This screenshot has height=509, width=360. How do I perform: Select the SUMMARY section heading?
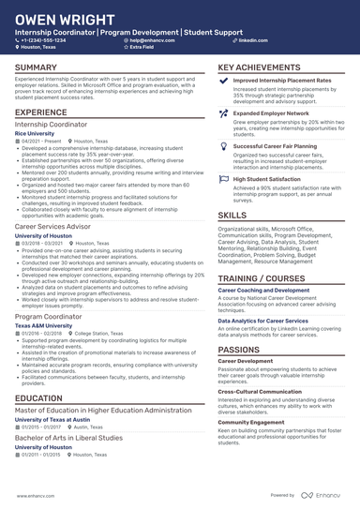coord(36,67)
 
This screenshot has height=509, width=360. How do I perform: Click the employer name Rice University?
coord(35,134)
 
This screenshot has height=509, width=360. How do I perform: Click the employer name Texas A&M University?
coord(44,326)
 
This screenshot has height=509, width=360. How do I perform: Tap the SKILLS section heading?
coord(232,215)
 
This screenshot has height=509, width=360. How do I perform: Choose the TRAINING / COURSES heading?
coord(262,279)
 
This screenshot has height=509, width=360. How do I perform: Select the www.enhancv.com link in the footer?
coord(33,495)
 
